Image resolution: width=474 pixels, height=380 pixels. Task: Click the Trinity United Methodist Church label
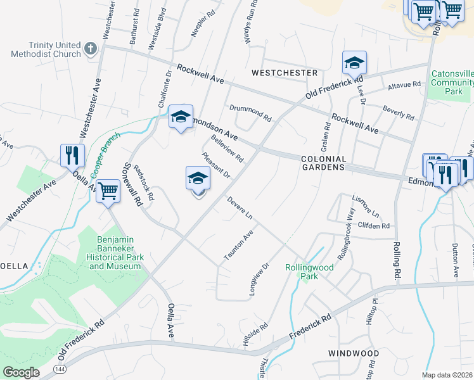coord(46,49)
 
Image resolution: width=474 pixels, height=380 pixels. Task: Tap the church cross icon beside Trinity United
coord(91,48)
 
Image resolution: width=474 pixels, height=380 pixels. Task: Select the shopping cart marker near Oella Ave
coord(108,189)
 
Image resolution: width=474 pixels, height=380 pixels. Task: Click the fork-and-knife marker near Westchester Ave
coord(72,155)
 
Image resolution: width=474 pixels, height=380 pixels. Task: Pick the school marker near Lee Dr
coord(354,62)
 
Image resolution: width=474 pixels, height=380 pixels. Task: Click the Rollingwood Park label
coord(309,272)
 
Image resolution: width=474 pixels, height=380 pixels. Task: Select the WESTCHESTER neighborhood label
coord(285,73)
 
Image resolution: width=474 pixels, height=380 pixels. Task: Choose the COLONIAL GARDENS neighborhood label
coord(324,163)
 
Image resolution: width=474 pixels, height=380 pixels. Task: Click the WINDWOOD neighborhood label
coord(354,353)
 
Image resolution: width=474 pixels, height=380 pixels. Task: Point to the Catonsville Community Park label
coord(452,82)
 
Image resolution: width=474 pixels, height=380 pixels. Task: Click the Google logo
coord(21,372)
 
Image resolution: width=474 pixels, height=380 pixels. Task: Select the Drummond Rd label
coord(250,113)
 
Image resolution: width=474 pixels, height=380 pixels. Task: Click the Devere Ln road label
coord(240,208)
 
